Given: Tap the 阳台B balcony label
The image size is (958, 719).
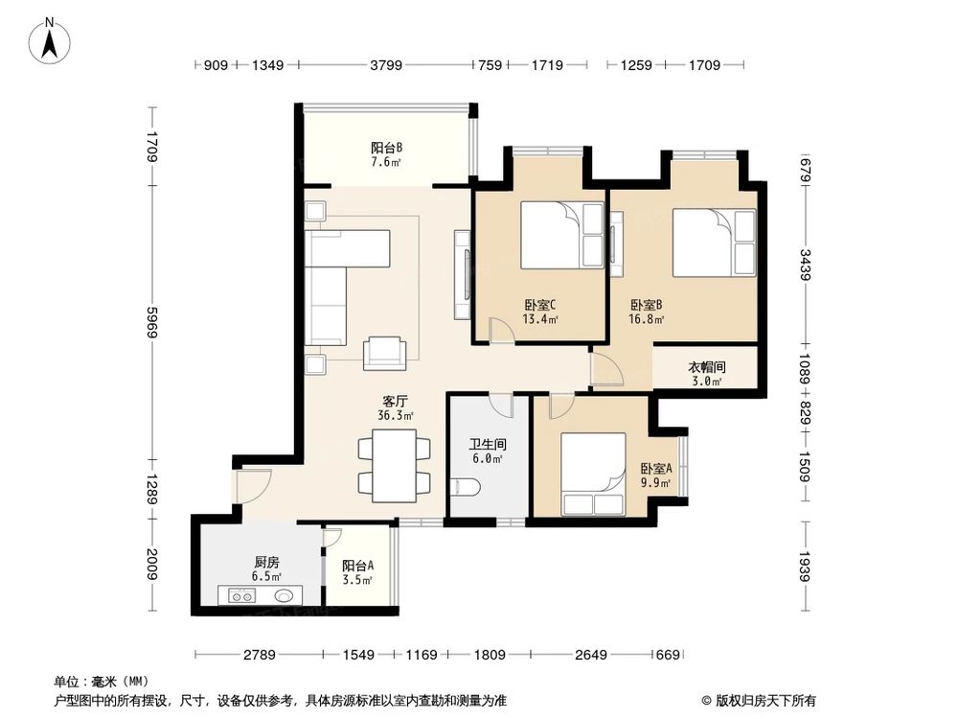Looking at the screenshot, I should click(x=386, y=154).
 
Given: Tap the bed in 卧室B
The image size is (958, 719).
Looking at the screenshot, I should click(x=714, y=243).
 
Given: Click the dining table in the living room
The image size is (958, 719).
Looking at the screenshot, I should click(x=393, y=466).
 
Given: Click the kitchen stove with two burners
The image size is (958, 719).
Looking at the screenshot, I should click(x=239, y=595).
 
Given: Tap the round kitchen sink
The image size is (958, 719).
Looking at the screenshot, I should click(x=286, y=595).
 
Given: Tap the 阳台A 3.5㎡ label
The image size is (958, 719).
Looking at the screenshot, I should click(x=357, y=572).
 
